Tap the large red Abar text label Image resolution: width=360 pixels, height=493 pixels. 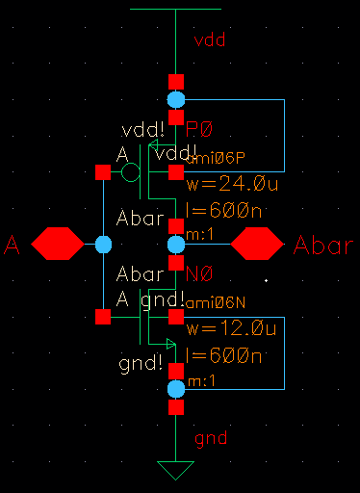click(x=323, y=245)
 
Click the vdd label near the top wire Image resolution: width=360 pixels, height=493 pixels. click(x=210, y=40)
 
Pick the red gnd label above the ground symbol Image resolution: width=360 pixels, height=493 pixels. click(x=210, y=439)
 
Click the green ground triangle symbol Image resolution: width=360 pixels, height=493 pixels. click(x=175, y=471)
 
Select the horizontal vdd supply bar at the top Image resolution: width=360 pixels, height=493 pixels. click(x=175, y=9)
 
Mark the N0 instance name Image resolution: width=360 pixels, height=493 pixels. click(x=198, y=273)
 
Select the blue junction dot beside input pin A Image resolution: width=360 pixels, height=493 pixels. click(x=103, y=245)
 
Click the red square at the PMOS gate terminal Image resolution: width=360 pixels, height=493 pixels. click(x=103, y=172)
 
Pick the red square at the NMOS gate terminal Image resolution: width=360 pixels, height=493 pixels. click(x=103, y=316)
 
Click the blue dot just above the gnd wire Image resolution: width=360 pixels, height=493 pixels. click(x=175, y=389)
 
